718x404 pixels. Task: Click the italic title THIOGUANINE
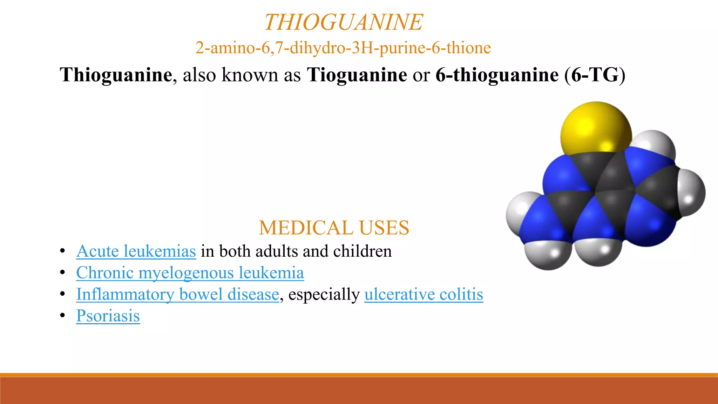click(343, 22)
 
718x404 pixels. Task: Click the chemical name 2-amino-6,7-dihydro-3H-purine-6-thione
click(343, 48)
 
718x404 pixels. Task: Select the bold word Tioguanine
click(357, 75)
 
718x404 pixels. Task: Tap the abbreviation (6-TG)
click(595, 75)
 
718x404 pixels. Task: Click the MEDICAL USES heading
click(334, 228)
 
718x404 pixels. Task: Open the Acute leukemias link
click(136, 251)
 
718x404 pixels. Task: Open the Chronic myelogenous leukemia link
click(190, 273)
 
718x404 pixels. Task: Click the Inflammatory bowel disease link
click(177, 294)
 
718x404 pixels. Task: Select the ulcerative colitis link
click(424, 294)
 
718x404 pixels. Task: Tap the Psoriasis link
click(108, 316)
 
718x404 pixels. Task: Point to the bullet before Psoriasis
click(63, 316)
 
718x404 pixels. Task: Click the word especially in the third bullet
click(324, 294)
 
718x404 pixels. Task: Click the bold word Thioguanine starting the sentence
click(116, 75)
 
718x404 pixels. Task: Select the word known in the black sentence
click(250, 75)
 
